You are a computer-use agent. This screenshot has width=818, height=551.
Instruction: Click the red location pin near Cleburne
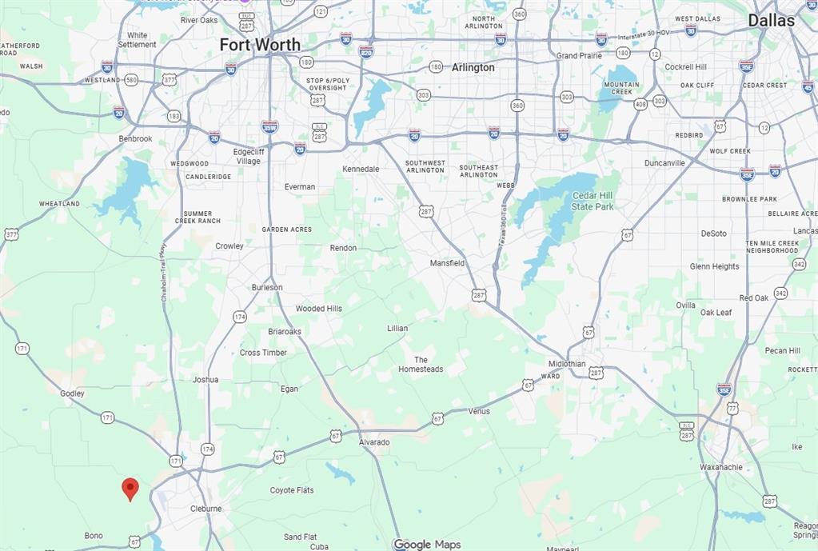point(130,488)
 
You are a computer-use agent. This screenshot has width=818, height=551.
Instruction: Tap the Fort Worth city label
point(260,45)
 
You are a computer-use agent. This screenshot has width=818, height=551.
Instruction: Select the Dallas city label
point(771,21)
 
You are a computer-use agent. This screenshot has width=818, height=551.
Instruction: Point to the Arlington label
point(473,68)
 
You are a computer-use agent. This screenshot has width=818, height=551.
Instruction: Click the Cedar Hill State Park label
point(593,201)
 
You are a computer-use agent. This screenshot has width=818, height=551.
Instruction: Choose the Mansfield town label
point(447,263)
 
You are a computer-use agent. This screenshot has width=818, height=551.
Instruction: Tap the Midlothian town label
point(588,364)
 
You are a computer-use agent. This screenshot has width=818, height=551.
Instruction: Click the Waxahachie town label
point(720,467)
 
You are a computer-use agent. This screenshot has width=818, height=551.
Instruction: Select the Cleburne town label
point(205,509)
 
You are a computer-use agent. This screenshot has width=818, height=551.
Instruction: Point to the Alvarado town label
point(373,442)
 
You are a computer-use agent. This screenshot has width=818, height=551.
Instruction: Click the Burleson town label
point(267,287)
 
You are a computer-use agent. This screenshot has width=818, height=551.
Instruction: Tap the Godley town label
point(72,393)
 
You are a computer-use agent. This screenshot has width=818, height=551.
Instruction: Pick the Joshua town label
point(205,380)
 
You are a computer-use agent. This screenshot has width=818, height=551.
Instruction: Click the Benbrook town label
point(135,138)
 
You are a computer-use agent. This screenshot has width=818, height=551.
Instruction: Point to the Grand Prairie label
point(578,56)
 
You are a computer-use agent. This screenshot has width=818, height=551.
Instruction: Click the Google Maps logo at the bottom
point(427,545)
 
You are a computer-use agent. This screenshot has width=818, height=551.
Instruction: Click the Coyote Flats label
point(292,490)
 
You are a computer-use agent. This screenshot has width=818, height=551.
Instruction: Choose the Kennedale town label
point(361,170)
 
